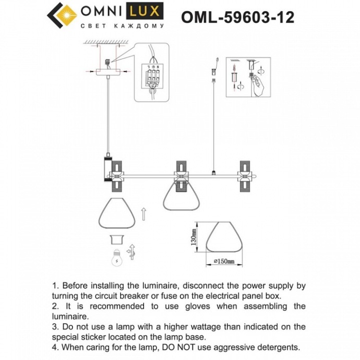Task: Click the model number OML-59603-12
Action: point(237,17)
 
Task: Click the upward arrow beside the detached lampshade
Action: point(145,213)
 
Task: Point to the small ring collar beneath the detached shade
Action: point(118,239)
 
